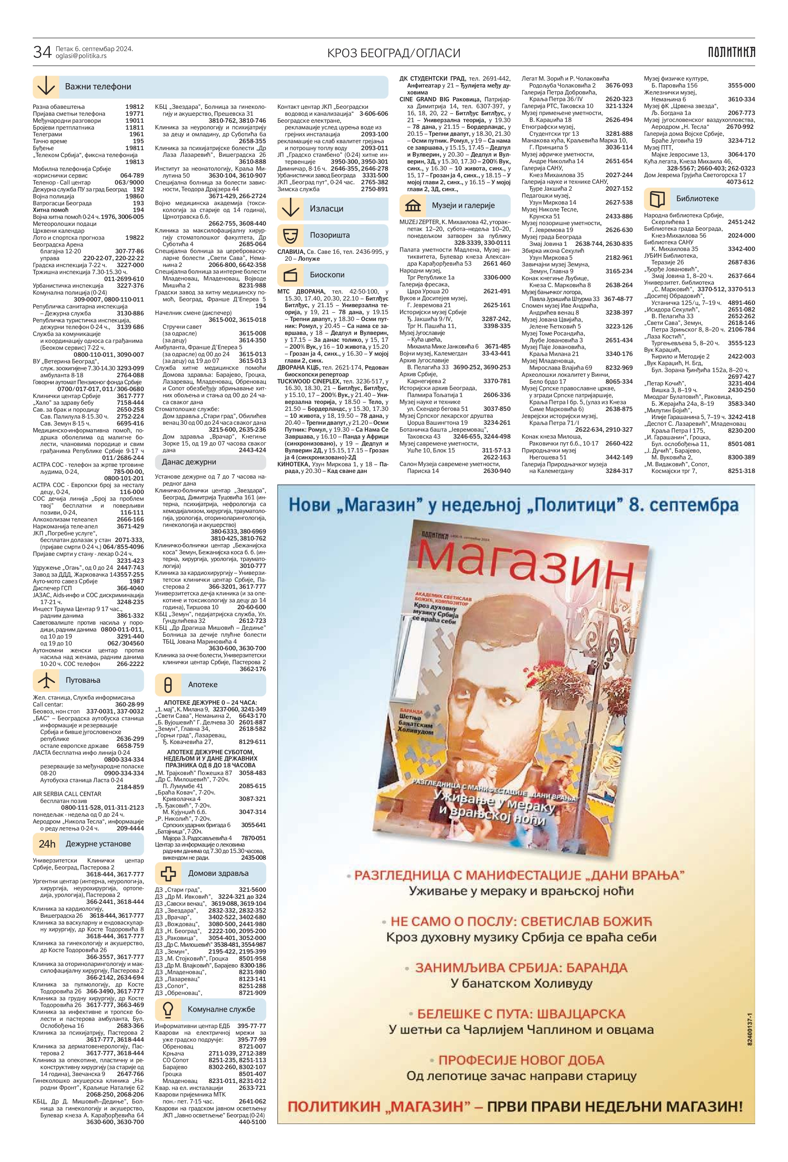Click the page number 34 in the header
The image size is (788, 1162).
tap(42, 52)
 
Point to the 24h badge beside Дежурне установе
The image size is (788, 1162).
tap(46, 844)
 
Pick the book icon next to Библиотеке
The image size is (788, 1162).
tap(657, 199)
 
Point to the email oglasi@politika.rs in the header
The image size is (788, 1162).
tap(81, 56)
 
